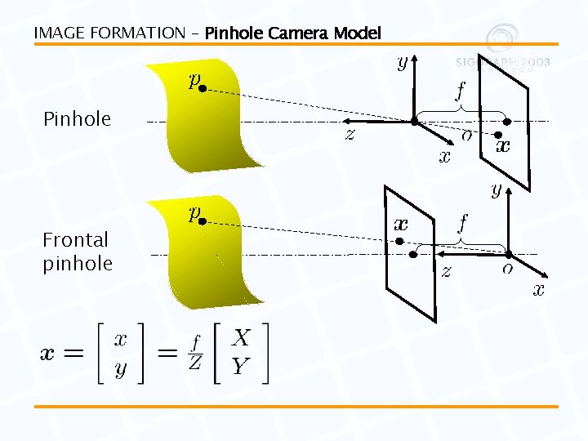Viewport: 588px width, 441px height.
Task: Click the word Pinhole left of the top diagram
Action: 77,119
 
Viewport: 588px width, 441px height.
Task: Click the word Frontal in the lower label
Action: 75,240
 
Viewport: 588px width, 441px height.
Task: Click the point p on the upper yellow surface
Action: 202,89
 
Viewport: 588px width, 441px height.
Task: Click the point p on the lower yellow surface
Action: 202,220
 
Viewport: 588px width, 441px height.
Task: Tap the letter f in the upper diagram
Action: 461,88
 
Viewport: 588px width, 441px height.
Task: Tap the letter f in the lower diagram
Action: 462,222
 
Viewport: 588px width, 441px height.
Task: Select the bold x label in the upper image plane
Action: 503,146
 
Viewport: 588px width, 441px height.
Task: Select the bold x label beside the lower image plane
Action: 401,223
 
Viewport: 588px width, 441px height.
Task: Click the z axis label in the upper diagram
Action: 350,134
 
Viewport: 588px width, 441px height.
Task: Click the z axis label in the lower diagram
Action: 446,271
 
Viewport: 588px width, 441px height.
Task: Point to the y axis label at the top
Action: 402,63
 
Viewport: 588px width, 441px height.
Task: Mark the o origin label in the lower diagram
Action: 508,268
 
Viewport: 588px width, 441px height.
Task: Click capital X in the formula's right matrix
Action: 241,336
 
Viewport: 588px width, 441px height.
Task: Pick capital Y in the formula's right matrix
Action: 240,367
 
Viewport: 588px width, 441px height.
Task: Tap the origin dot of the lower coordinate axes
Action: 508,254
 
